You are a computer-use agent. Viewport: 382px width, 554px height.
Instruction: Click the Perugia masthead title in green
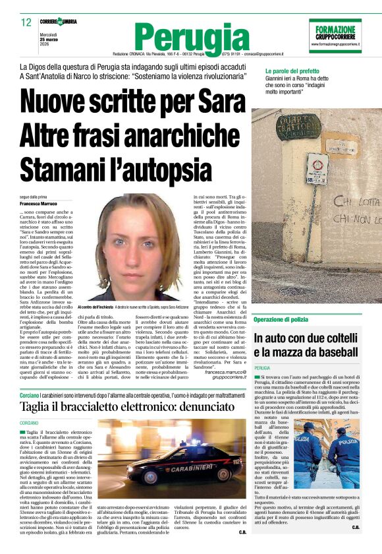pyautogui.click(x=187, y=37)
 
